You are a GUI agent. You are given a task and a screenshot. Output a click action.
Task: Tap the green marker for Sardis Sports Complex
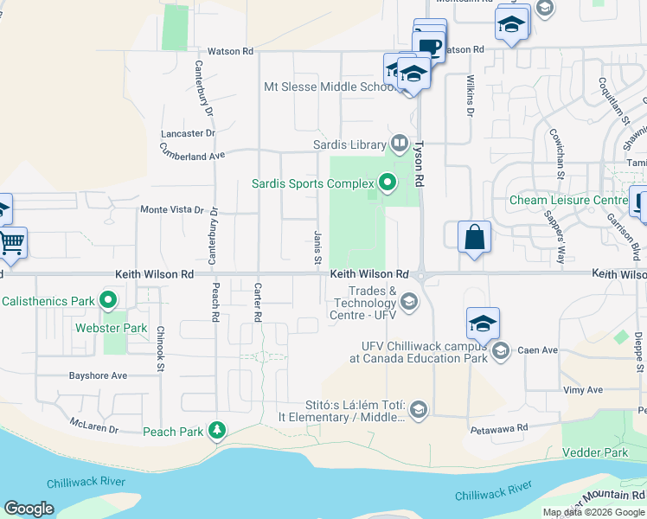click(x=387, y=183)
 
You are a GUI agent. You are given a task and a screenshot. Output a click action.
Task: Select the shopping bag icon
click(x=474, y=237)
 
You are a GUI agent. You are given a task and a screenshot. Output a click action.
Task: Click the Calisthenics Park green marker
click(x=108, y=301)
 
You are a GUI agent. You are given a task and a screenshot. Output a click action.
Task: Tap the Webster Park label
click(x=123, y=328)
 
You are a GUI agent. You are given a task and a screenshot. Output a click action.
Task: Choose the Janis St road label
click(x=317, y=248)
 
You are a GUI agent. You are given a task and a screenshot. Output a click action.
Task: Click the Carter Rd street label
click(x=257, y=302)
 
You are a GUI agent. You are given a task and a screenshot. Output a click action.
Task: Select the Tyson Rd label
click(x=419, y=165)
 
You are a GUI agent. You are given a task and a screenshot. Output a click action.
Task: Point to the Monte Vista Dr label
click(x=172, y=210)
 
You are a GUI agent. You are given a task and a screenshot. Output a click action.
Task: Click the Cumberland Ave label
click(x=191, y=151)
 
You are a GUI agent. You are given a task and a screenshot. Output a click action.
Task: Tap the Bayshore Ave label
click(x=99, y=375)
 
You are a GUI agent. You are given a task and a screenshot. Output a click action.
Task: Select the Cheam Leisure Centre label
click(x=568, y=200)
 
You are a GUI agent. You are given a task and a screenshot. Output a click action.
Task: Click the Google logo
click(x=29, y=509)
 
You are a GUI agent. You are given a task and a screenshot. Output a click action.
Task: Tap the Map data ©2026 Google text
click(x=593, y=512)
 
